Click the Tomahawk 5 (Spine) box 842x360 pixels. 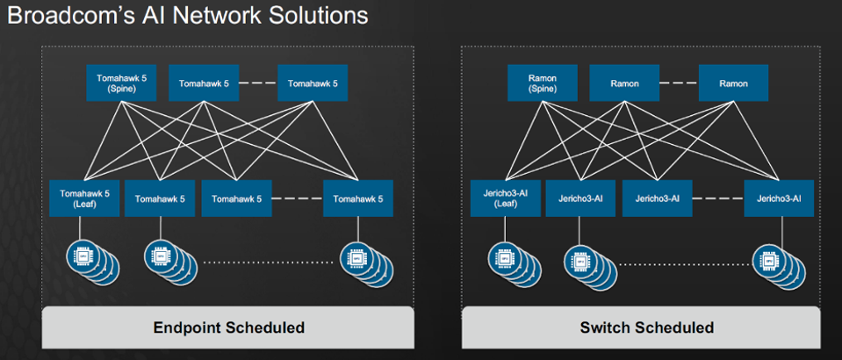pyautogui.click(x=120, y=83)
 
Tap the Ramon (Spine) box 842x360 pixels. pyautogui.click(x=542, y=83)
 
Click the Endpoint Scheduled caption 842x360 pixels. pyautogui.click(x=229, y=328)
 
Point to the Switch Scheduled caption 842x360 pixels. pyautogui.click(x=647, y=328)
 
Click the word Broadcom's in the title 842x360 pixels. pyautogui.click(x=69, y=16)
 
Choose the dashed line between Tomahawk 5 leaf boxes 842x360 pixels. pyautogui.click(x=298, y=198)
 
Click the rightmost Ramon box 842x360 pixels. pyautogui.click(x=733, y=83)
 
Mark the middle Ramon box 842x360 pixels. pyautogui.click(x=624, y=83)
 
